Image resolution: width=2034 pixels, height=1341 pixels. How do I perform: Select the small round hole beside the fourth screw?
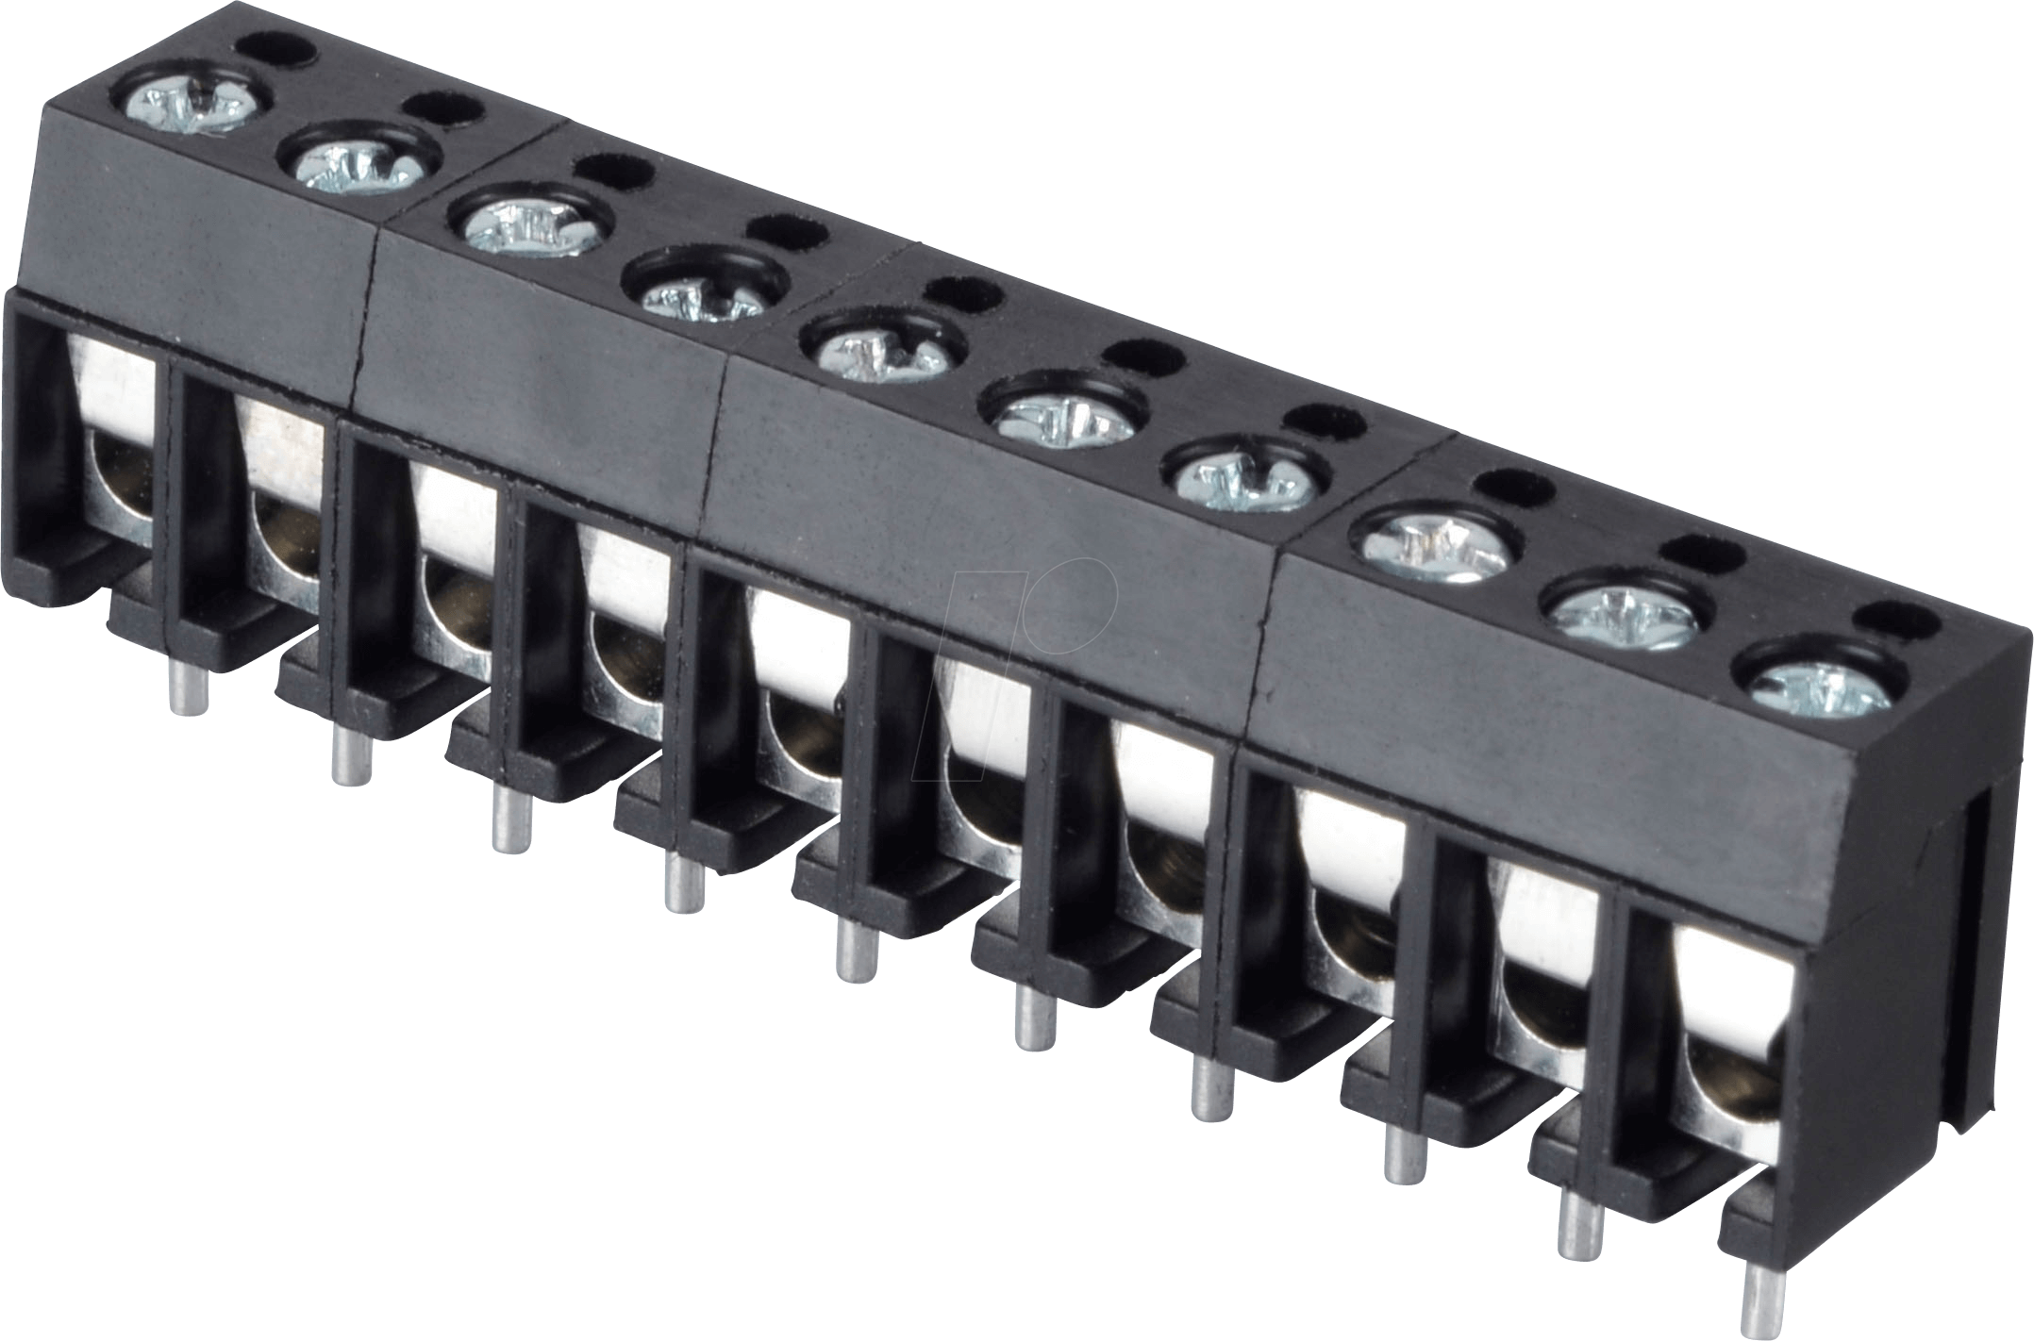tap(788, 232)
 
